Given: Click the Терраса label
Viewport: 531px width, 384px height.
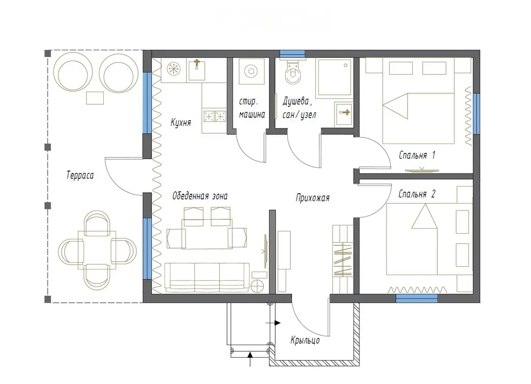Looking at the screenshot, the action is pos(80,175).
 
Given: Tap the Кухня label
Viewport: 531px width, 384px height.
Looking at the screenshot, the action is pos(180,122).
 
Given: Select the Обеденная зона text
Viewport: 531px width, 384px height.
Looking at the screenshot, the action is pos(200,196).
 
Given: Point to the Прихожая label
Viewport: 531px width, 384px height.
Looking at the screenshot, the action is pos(313,197).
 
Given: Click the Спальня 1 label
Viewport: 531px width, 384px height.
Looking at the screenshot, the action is pos(417,155).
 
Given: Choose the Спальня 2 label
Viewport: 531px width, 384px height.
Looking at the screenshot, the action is pos(417,194).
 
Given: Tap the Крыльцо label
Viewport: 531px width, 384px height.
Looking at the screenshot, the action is pos(305,340).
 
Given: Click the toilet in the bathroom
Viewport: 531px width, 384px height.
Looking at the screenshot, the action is pos(292,72).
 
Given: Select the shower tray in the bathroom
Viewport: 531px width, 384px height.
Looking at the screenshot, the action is pos(333,78).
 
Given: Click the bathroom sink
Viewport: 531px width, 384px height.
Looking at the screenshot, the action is pos(344,113).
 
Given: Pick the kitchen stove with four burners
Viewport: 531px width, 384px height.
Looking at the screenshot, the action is pos(215,117).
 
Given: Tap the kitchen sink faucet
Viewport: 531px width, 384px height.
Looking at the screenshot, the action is pos(197,64).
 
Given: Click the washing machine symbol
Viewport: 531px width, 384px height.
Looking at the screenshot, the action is pos(251,72).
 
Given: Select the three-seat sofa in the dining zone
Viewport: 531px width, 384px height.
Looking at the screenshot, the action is pos(207,277).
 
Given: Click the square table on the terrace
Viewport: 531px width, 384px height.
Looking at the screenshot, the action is pos(97,250).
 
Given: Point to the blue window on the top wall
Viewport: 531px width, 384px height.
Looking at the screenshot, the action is pos(292,53).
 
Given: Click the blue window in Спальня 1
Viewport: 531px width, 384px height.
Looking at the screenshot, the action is pos(477,113).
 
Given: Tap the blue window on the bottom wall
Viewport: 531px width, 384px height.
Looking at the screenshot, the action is pos(417,298).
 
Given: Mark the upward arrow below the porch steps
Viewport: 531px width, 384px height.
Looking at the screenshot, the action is pos(250,359).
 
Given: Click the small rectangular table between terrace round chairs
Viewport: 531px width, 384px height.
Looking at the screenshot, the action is pos(95,98).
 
